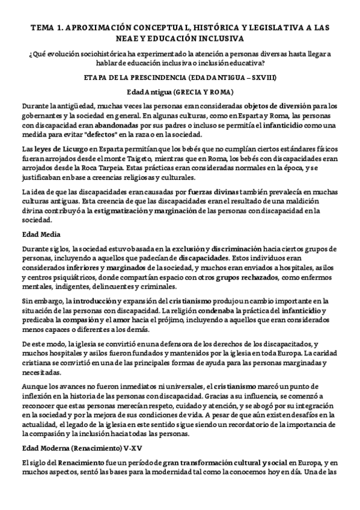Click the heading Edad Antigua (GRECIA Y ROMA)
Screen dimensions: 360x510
click(180, 93)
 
